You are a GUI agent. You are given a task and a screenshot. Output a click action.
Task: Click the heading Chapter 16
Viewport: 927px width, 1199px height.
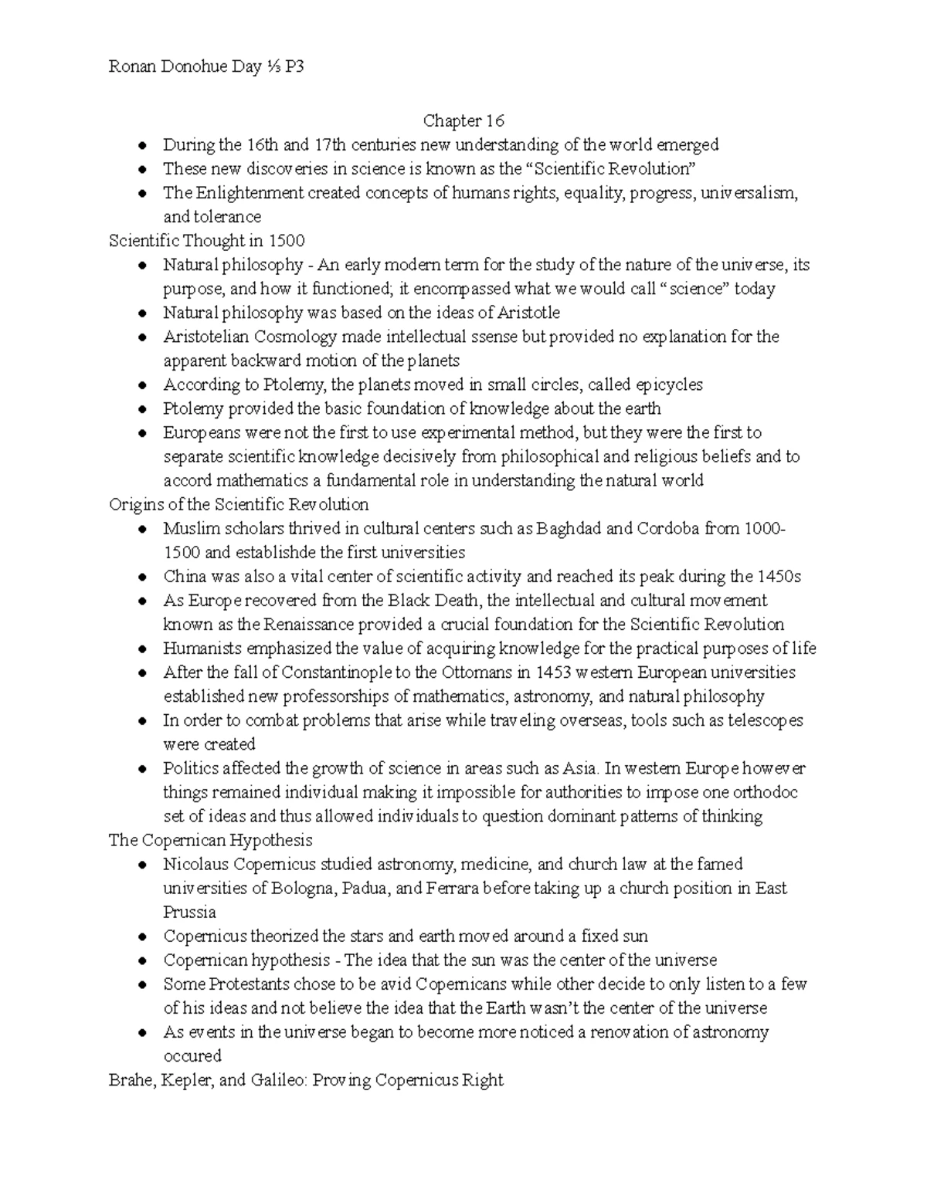pos(463,120)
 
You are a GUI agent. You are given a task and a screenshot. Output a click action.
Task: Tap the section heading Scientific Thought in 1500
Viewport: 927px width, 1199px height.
pos(207,241)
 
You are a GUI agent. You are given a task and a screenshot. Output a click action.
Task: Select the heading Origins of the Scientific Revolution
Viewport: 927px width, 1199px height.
pos(239,504)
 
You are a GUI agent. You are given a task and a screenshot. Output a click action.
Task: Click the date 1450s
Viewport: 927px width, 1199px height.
pos(779,577)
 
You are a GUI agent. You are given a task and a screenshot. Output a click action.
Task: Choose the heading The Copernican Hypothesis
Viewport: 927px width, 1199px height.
pos(211,839)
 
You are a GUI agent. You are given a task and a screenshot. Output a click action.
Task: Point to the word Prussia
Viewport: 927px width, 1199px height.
pos(189,912)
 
